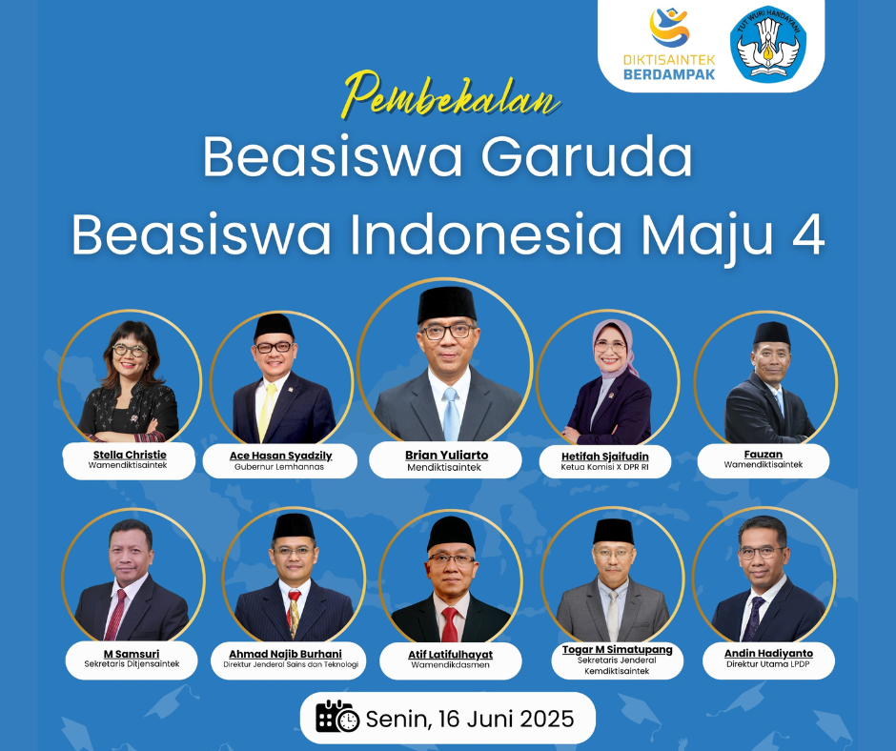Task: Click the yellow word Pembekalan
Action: (x=451, y=95)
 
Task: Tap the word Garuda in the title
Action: (x=587, y=156)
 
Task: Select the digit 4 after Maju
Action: (x=808, y=233)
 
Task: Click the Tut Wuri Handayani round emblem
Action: (x=768, y=44)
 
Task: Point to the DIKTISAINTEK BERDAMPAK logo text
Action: (x=669, y=67)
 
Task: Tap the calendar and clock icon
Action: (x=337, y=717)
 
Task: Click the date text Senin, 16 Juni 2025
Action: (x=470, y=719)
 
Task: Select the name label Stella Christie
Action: (x=130, y=455)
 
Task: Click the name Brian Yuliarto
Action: (x=447, y=455)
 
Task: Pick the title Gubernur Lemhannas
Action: (x=279, y=467)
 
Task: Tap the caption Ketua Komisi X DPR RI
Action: (x=604, y=467)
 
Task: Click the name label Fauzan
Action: (x=763, y=455)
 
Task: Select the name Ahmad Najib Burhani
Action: (x=285, y=654)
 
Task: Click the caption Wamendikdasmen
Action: (x=450, y=665)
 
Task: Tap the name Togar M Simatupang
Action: (x=617, y=649)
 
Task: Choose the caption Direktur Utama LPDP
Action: (x=768, y=664)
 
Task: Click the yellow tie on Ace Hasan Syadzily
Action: (x=266, y=412)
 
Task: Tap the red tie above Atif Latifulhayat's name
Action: (x=450, y=624)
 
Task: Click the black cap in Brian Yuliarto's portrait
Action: (x=447, y=305)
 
